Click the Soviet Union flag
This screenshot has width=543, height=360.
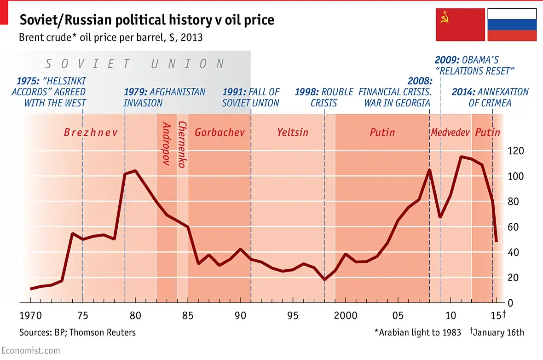tap(460, 24)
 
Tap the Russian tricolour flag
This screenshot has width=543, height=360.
tap(512, 24)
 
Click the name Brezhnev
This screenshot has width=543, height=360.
tap(91, 133)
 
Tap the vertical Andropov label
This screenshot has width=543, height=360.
tap(167, 144)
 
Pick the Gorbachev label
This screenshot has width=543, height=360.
tap(220, 133)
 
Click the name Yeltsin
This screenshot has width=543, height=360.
tap(293, 133)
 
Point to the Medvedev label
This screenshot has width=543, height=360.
tap(450, 133)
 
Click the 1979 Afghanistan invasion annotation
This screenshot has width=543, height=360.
tap(164, 97)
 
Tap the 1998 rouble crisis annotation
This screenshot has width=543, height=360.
tap(324, 97)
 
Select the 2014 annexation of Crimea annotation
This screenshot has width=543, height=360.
tap(490, 97)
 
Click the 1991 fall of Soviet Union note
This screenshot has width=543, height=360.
tap(251, 97)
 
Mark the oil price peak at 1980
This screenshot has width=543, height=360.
tap(135, 171)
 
